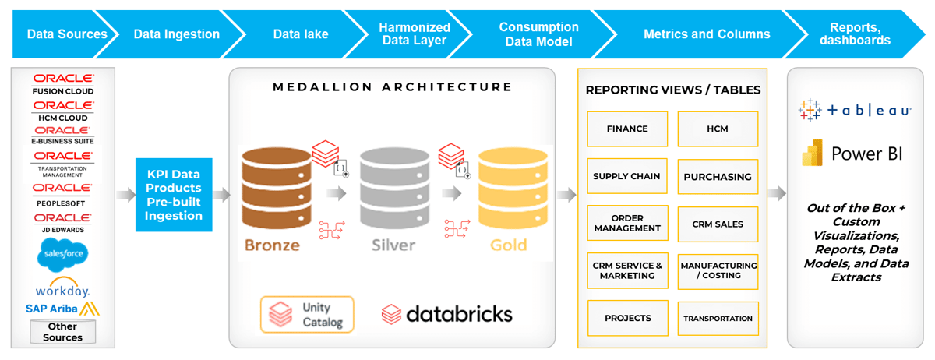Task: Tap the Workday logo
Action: coord(63,287)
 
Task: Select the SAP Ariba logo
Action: coord(63,309)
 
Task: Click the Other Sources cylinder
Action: coord(62,331)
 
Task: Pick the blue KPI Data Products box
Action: coord(173,195)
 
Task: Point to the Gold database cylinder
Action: coord(508,186)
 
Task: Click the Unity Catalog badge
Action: coord(308,314)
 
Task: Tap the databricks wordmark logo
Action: coord(447,314)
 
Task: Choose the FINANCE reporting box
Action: coord(627,129)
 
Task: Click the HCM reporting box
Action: coord(718,129)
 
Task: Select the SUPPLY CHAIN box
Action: coord(627,176)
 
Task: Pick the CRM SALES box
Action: coord(718,224)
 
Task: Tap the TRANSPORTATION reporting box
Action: coord(718,319)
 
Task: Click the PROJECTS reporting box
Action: coord(627,319)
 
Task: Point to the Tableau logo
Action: coord(855,111)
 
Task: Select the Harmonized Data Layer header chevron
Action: coord(415,34)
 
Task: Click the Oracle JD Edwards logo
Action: coord(63,222)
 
